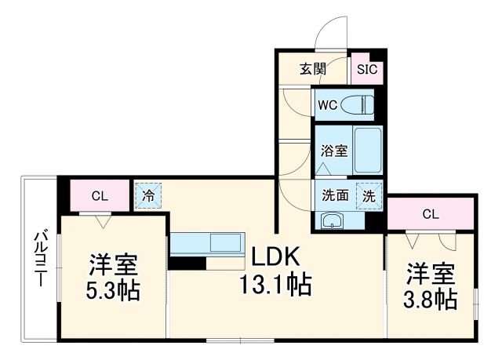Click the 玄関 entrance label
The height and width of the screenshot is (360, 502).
pyautogui.click(x=311, y=69)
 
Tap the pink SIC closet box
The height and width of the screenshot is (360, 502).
pyautogui.click(x=366, y=69)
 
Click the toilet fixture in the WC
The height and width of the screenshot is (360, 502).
pyautogui.click(x=359, y=104)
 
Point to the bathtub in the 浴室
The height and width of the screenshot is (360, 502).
pyautogui.click(x=366, y=150)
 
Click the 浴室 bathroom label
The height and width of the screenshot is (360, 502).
pyautogui.click(x=333, y=151)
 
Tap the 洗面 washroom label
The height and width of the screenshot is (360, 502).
pyautogui.click(x=335, y=195)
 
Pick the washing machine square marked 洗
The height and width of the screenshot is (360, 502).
pyautogui.click(x=367, y=195)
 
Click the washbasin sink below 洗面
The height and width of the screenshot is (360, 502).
pyautogui.click(x=333, y=220)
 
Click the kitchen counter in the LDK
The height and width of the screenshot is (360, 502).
pyautogui.click(x=207, y=244)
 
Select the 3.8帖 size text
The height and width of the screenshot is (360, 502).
pyautogui.click(x=431, y=299)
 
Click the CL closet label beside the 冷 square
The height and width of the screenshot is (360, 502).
pyautogui.click(x=99, y=196)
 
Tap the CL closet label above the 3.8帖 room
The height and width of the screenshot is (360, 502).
pyautogui.click(x=430, y=213)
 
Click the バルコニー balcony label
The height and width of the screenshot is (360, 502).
pyautogui.click(x=39, y=258)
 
